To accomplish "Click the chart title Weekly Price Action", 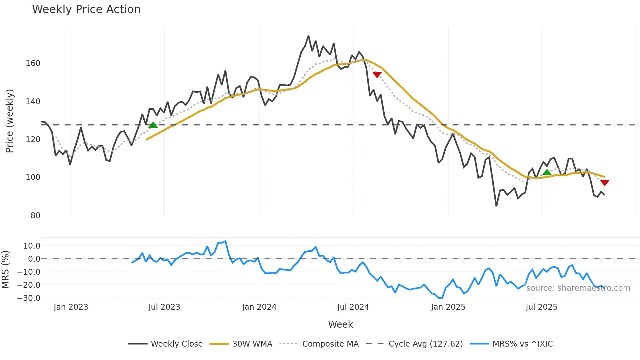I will coord(86,9).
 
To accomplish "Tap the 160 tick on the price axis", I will coord(33,63).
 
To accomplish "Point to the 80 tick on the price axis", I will coord(35,216).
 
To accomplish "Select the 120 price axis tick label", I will coord(33,139).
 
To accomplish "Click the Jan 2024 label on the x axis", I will coord(259,307).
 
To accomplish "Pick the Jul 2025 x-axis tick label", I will coord(541,307).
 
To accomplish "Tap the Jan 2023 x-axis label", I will coord(71,307).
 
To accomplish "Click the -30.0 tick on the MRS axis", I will coord(29,298).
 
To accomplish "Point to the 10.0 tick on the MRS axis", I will coord(32,246).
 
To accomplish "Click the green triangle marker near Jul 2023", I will coord(153,125).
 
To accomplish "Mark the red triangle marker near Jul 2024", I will coord(377,75).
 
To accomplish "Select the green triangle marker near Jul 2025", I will coord(547,172).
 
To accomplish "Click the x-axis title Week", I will coord(340,324).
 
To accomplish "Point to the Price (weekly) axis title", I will coord(9,121).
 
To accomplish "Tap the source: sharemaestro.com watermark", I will coord(578,288).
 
